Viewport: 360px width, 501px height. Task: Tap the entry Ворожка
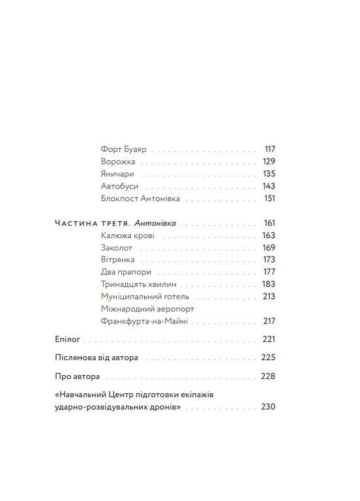[119, 160]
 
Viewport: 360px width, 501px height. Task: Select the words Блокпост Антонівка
[141, 198]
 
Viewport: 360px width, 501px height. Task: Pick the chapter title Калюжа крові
[127, 235]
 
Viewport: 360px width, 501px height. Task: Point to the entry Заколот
[118, 247]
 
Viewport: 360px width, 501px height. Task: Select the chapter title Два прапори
[127, 272]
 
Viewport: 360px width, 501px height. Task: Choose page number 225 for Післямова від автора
[269, 358]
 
